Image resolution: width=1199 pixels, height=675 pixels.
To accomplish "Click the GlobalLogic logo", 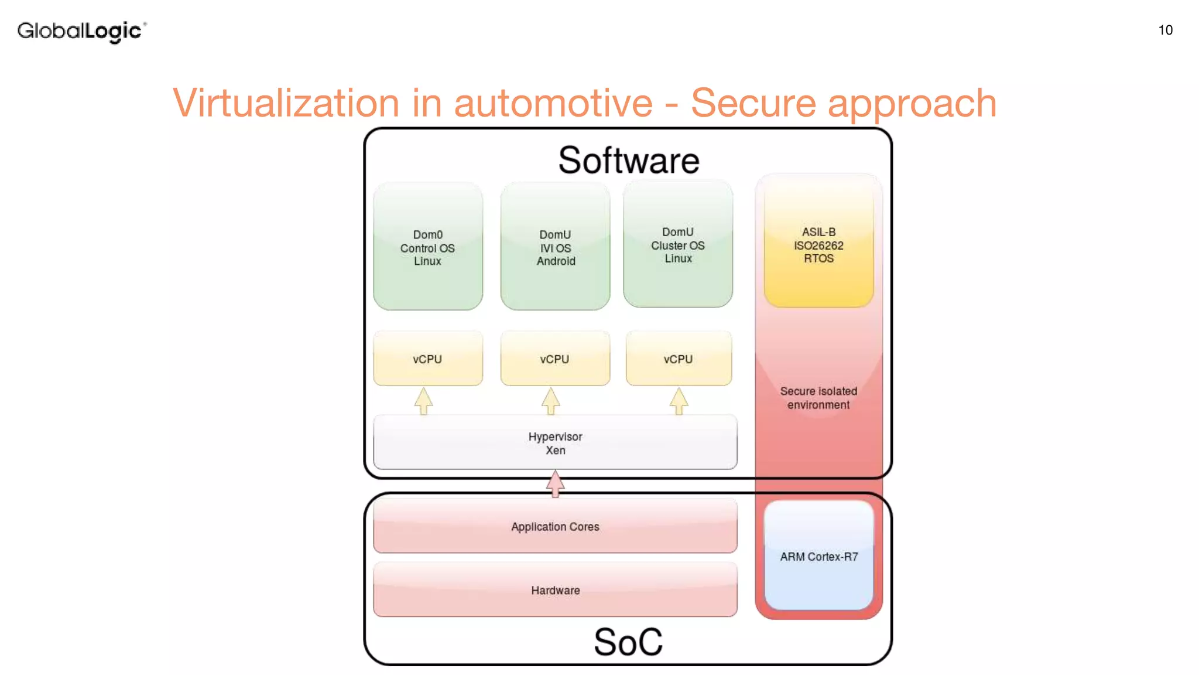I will pyautogui.click(x=81, y=31).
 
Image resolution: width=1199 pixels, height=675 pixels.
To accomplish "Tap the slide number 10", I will pyautogui.click(x=1165, y=30).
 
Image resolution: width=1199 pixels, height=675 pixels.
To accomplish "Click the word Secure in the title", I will pyautogui.click(x=753, y=104).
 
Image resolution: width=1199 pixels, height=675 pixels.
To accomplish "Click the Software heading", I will pyautogui.click(x=628, y=161).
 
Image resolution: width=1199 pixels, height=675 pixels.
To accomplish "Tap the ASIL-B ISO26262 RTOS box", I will pyautogui.click(x=818, y=245).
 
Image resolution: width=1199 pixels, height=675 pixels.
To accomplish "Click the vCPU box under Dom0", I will pyautogui.click(x=428, y=359).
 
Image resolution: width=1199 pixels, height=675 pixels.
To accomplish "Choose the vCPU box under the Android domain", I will pyautogui.click(x=555, y=359).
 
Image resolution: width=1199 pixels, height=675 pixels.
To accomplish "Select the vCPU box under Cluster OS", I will pyautogui.click(x=679, y=359).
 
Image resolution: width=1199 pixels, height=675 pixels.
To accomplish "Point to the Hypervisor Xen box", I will pyautogui.click(x=555, y=443).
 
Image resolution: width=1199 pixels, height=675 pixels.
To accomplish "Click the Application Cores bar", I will pyautogui.click(x=555, y=526).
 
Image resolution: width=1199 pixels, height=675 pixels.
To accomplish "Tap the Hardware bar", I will pyautogui.click(x=555, y=590).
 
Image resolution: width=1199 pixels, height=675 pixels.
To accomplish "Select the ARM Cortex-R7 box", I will pyautogui.click(x=818, y=556).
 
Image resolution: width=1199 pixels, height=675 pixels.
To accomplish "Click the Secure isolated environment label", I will pyautogui.click(x=818, y=398).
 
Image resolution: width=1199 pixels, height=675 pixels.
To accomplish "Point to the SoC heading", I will pyautogui.click(x=628, y=642).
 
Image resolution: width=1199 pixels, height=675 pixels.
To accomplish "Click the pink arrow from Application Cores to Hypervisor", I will pyautogui.click(x=555, y=484).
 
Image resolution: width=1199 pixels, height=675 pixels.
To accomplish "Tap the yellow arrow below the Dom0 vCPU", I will pyautogui.click(x=424, y=401).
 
